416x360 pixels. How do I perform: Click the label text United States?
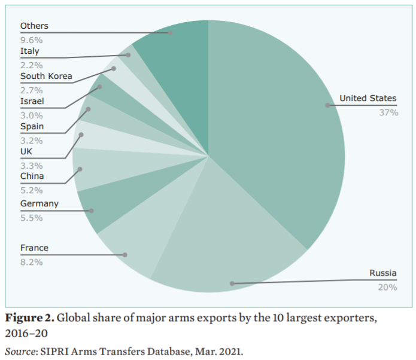pyautogui.click(x=368, y=99)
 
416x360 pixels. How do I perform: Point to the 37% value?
pyautogui.click(x=388, y=112)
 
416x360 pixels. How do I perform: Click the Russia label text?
pyautogui.click(x=382, y=274)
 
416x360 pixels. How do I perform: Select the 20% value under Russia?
pyautogui.click(x=387, y=288)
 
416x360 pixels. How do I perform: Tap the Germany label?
pyautogui.click(x=40, y=204)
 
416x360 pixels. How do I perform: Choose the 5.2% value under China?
pyautogui.click(x=31, y=191)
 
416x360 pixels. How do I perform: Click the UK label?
pyautogui.click(x=26, y=151)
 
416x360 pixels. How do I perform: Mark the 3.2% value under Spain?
pyautogui.click(x=31, y=141)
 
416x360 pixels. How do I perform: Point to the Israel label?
pyautogui.click(x=32, y=101)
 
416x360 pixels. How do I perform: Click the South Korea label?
pyautogui.click(x=46, y=76)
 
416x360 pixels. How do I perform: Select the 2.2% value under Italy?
pyautogui.click(x=31, y=65)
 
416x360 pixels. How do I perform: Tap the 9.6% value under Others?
pyautogui.click(x=31, y=40)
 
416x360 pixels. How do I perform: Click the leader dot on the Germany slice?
pyautogui.click(x=92, y=210)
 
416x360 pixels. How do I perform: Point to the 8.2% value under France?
pyautogui.click(x=31, y=262)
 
